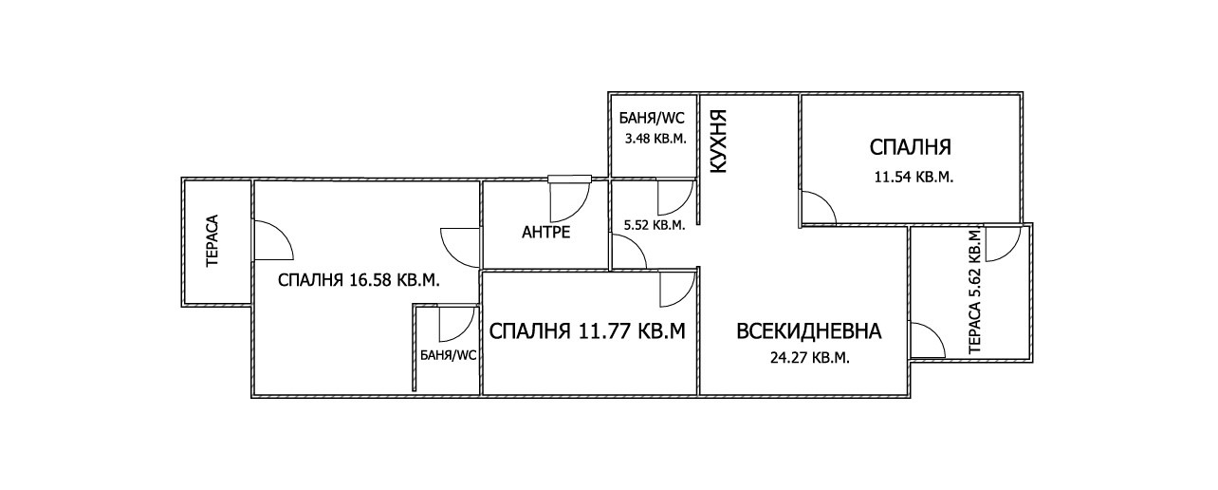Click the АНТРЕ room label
545,233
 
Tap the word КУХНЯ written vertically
718,142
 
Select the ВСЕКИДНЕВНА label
809,331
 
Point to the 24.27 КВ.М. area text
807,358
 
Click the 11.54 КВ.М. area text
912,177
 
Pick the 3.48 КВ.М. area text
654,139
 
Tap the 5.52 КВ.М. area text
654,225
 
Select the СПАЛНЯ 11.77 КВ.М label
587,331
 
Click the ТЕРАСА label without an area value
212,241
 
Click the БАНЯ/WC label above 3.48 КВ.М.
652,119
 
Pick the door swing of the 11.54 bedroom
818,208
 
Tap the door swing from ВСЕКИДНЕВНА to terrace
927,340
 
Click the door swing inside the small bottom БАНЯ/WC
456,324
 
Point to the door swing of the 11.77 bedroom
677,289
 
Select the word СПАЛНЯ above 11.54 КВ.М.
911,148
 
